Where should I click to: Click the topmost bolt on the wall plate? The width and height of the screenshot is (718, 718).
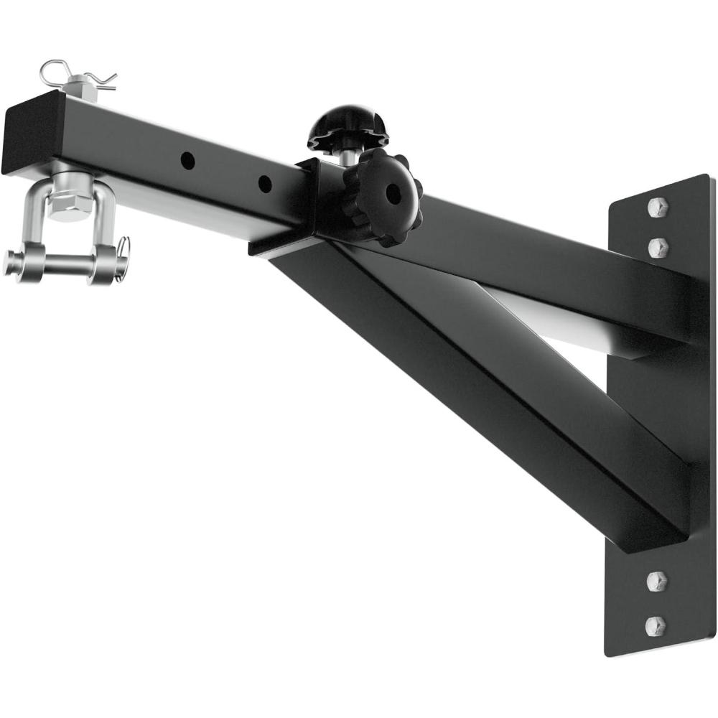pos(658,208)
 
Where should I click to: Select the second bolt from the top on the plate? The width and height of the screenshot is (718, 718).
pos(658,248)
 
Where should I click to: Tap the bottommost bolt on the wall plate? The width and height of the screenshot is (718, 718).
pos(656,625)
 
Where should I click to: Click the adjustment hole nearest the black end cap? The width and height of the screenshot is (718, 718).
pos(187,160)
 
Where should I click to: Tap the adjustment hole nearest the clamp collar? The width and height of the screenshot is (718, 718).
pos(265,183)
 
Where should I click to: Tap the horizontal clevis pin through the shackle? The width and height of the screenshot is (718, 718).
pos(65,263)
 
